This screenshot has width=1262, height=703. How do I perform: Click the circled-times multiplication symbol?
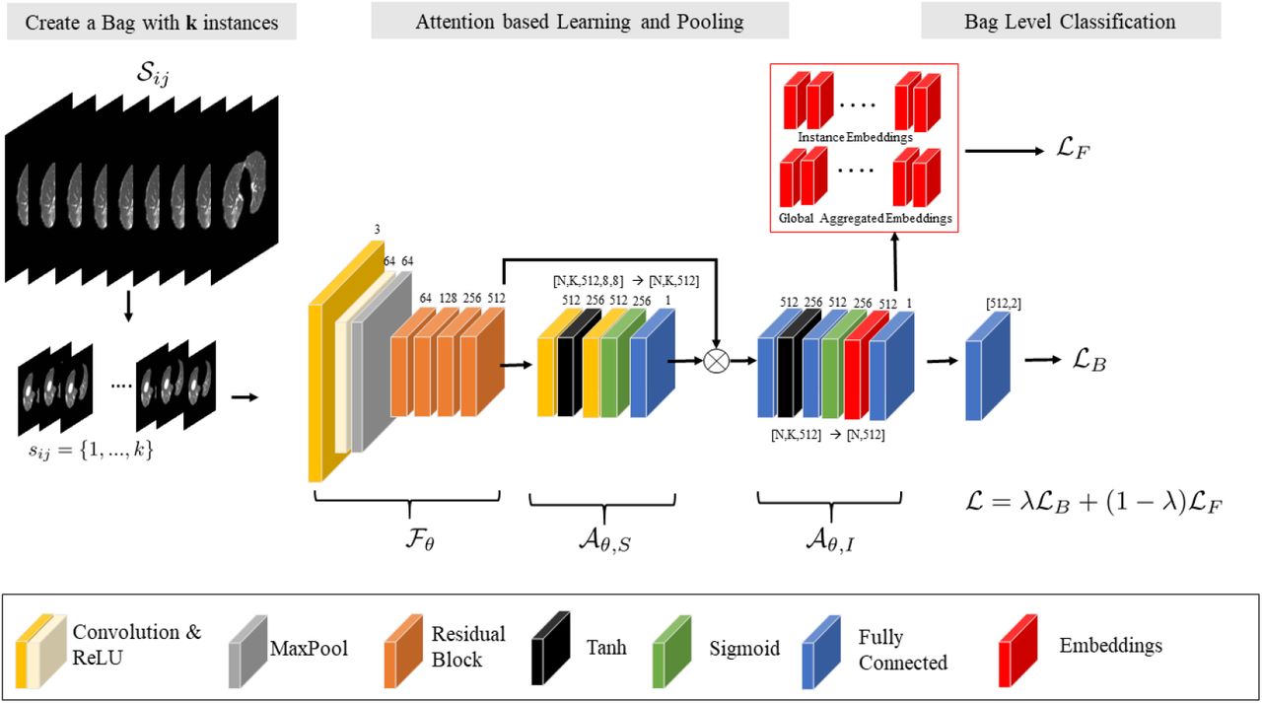[716, 361]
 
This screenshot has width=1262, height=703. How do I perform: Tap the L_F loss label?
[1073, 150]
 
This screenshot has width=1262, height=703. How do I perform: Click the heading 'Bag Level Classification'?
[1070, 22]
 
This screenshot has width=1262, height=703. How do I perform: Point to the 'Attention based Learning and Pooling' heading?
[580, 22]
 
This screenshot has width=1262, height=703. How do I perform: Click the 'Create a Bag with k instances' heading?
[152, 23]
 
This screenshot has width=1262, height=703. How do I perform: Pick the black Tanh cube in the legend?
[550, 648]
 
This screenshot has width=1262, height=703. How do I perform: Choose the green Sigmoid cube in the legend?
[671, 651]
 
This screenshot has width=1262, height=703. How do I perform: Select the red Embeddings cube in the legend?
[1017, 650]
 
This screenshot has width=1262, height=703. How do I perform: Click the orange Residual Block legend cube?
[403, 651]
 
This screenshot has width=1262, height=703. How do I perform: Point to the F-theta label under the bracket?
[420, 539]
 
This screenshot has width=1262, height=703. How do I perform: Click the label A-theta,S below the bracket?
[604, 539]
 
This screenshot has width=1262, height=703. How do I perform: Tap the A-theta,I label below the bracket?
[830, 539]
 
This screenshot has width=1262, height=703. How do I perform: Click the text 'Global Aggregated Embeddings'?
[866, 219]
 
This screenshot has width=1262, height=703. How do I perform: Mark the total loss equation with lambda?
[1093, 502]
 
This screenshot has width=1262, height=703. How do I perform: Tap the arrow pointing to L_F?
[1005, 151]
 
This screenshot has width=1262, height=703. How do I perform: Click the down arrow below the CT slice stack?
[128, 307]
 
